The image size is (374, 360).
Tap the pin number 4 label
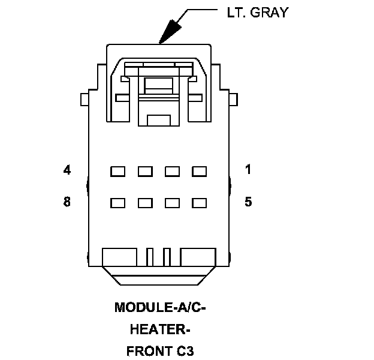[67, 170]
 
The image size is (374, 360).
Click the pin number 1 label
[248, 170]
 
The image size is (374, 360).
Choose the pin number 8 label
[67, 202]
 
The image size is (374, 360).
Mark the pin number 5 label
[248, 202]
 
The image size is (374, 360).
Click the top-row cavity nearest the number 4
[117, 172]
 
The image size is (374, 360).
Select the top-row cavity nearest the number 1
[199, 172]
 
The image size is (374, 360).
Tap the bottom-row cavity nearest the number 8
[117, 203]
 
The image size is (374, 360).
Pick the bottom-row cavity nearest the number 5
[199, 203]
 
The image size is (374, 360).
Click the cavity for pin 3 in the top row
[145, 172]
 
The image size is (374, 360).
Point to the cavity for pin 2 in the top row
[172, 172]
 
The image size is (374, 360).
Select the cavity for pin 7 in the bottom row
[145, 203]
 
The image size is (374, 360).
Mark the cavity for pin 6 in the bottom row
[172, 203]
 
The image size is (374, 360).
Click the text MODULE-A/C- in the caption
[160, 308]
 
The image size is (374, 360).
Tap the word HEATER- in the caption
[160, 329]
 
